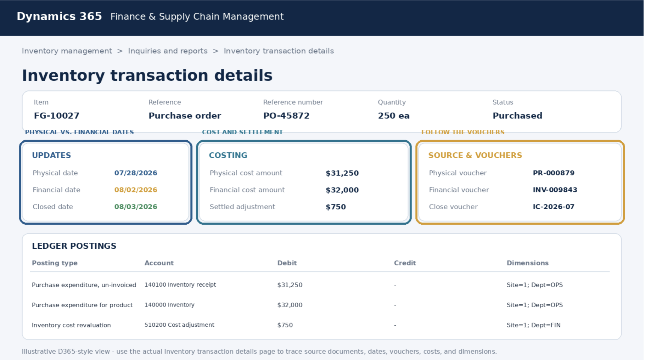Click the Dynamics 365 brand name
pyautogui.click(x=59, y=16)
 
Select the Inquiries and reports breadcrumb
pyautogui.click(x=168, y=51)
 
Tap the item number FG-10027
pyautogui.click(x=57, y=116)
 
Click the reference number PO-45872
pyautogui.click(x=286, y=116)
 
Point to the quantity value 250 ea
pyautogui.click(x=394, y=116)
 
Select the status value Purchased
pyautogui.click(x=517, y=116)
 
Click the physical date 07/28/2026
pyautogui.click(x=136, y=173)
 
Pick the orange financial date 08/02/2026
pyautogui.click(x=136, y=190)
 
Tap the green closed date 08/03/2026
pyautogui.click(x=136, y=207)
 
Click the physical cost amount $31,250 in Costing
pyautogui.click(x=342, y=173)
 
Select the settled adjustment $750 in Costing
pyautogui.click(x=336, y=207)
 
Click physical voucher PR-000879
pyautogui.click(x=554, y=173)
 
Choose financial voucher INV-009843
pyautogui.click(x=555, y=190)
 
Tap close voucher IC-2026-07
pyautogui.click(x=554, y=207)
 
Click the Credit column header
pyautogui.click(x=405, y=263)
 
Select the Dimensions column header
pyautogui.click(x=528, y=263)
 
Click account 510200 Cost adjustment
pyautogui.click(x=179, y=325)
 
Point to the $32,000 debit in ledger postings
pyautogui.click(x=290, y=305)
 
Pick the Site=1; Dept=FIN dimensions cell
pyautogui.click(x=534, y=325)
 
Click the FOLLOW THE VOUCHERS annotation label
pyautogui.click(x=463, y=132)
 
